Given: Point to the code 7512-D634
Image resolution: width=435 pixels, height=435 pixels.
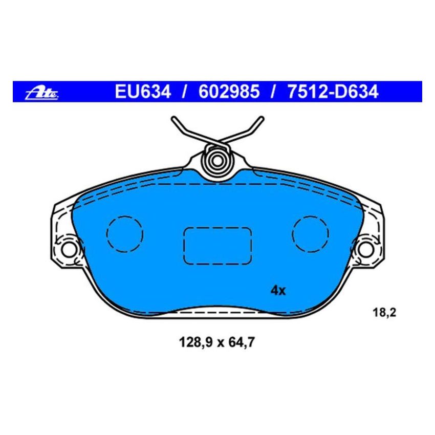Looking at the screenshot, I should point(332,92).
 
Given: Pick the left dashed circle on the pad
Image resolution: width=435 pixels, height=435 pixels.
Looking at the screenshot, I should point(125,234).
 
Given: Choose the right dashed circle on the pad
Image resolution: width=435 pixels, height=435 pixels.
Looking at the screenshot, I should point(311,234).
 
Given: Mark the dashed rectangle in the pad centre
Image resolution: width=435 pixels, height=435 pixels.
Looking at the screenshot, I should point(217,246).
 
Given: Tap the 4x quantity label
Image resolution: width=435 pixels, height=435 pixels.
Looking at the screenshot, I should point(277,291).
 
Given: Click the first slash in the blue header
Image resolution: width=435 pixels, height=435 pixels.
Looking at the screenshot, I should point(183,92).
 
